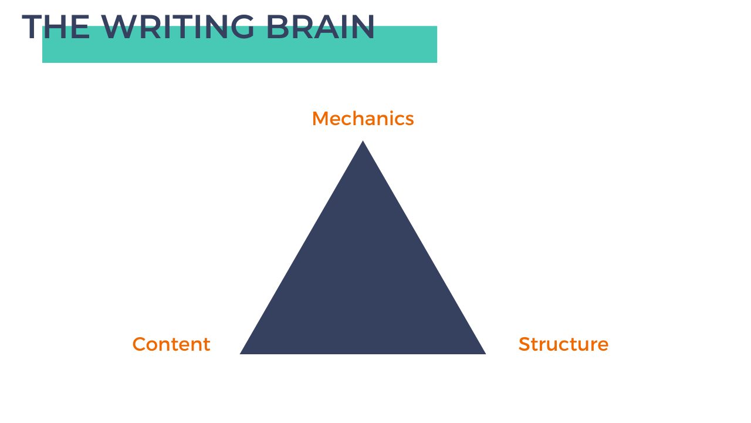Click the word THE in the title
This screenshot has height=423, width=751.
pyautogui.click(x=56, y=27)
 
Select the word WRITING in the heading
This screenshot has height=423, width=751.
pyautogui.click(x=178, y=27)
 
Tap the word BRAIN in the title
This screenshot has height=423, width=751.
pyautogui.click(x=320, y=27)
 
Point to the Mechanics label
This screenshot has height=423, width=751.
pyautogui.click(x=363, y=119)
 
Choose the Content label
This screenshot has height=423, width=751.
pyautogui.click(x=171, y=344)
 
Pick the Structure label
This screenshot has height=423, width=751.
pyautogui.click(x=563, y=344)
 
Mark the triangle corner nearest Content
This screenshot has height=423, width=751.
pyautogui.click(x=242, y=352)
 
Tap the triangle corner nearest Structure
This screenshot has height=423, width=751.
pyautogui.click(x=483, y=352)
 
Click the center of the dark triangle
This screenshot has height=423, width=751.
pyautogui.click(x=363, y=282)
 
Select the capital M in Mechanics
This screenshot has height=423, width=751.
pyautogui.click(x=320, y=119)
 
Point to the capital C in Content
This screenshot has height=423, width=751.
pyautogui.click(x=139, y=344)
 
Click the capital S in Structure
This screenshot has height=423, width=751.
pyautogui.click(x=524, y=344)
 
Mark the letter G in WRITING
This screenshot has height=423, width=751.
pyautogui.click(x=241, y=27)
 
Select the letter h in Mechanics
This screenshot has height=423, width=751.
pyautogui.click(x=359, y=119)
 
